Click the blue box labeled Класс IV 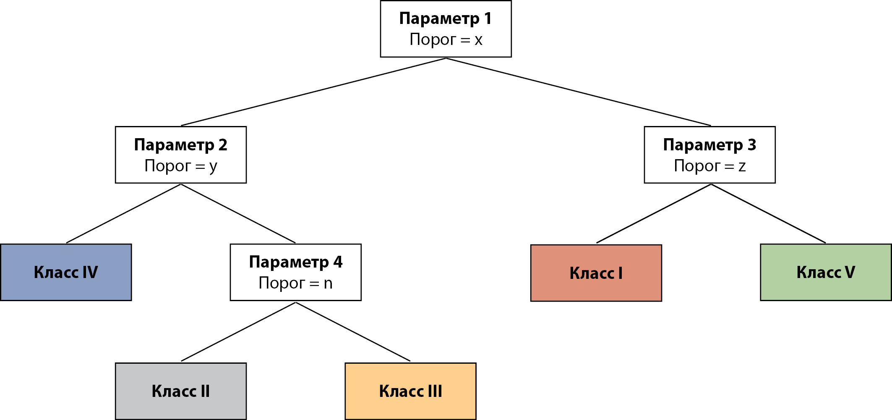(x=66, y=272)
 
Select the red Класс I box (x=596, y=273)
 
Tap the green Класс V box (x=825, y=272)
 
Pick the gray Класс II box (x=180, y=391)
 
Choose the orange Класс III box (x=410, y=391)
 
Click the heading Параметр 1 (x=445, y=18)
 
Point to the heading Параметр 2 (x=180, y=145)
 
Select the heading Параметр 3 (x=709, y=145)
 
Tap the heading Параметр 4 (x=295, y=262)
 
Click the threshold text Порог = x (x=446, y=40)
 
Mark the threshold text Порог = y (x=180, y=166)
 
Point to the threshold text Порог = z (x=709, y=166)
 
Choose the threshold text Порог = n (x=295, y=283)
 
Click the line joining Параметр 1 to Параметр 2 (x=313, y=92)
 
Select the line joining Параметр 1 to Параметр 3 (x=578, y=92)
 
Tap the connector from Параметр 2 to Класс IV (x=123, y=213)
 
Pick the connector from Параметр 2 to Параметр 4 (x=238, y=213)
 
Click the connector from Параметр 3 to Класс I (x=654, y=213)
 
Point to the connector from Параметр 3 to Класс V (x=768, y=213)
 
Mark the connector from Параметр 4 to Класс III (x=353, y=332)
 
